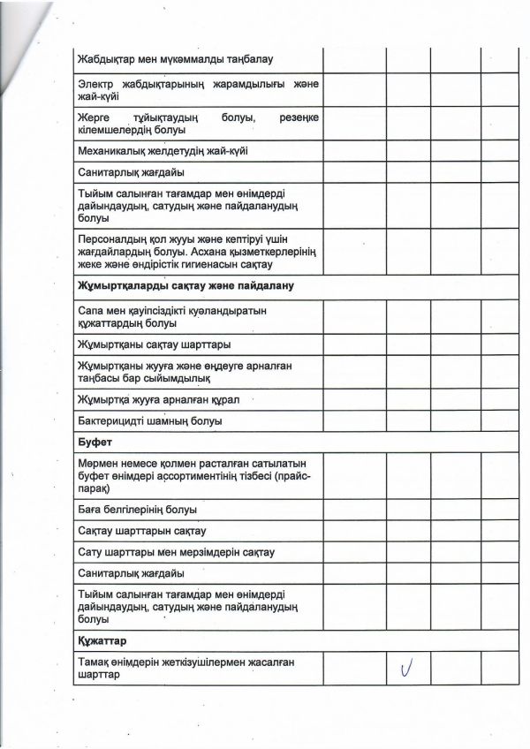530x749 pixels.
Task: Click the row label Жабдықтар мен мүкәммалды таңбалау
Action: (175, 59)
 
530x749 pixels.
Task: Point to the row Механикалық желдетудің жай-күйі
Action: (163, 150)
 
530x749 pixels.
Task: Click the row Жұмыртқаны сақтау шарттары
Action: (154, 344)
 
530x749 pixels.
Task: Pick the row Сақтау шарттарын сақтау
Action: (141, 531)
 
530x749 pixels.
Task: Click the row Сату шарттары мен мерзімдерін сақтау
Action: (176, 553)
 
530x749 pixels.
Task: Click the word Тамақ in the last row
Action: (94, 662)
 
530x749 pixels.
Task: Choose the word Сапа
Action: (91, 311)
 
